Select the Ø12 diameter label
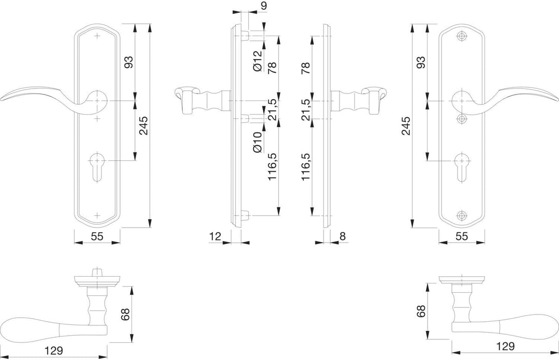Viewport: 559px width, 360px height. (x=257, y=60)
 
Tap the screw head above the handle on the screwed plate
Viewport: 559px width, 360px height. (x=461, y=37)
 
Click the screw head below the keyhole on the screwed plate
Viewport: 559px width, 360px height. (x=461, y=216)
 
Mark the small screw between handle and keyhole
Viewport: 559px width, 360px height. (x=461, y=119)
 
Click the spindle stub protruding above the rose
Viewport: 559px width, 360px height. (x=97, y=272)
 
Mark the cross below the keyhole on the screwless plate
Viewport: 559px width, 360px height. (x=97, y=215)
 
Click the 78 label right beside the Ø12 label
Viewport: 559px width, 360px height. (x=272, y=69)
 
